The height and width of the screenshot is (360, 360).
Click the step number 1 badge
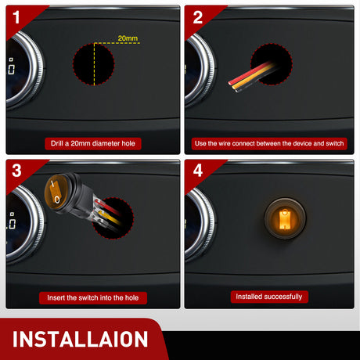point(16,17)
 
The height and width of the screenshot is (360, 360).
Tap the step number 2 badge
point(198,17)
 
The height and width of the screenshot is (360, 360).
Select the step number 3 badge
point(16,171)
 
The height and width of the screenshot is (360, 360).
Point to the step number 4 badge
point(198,171)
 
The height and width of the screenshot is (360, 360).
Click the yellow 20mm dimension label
point(128,38)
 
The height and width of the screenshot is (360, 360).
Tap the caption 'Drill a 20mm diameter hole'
point(93,143)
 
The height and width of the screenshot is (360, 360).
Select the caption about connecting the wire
point(269,143)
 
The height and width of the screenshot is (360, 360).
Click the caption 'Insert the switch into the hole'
point(93,297)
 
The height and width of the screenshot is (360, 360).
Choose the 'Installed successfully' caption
point(269,297)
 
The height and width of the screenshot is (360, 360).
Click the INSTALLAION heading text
point(80,339)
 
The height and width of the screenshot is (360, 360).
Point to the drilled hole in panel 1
point(93,64)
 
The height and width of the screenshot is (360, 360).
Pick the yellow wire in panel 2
point(253,77)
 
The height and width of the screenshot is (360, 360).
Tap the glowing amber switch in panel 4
point(285,218)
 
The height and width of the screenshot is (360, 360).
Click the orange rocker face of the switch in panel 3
point(55,193)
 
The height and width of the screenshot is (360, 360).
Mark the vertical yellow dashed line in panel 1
point(94,64)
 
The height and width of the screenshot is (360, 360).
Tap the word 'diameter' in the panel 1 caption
point(108,143)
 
